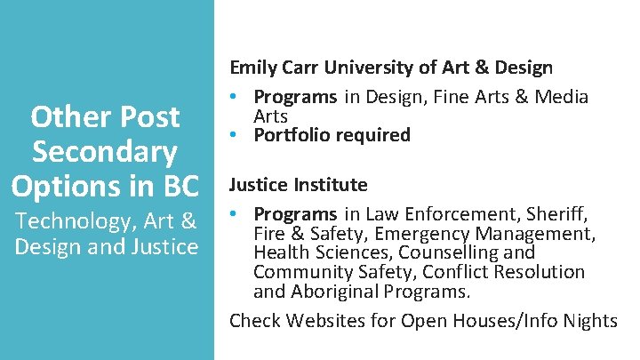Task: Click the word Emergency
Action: click(x=428, y=234)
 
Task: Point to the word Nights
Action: click(x=588, y=320)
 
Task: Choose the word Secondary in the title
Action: click(x=105, y=151)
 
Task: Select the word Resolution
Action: click(x=541, y=272)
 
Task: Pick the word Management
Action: click(x=543, y=234)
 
